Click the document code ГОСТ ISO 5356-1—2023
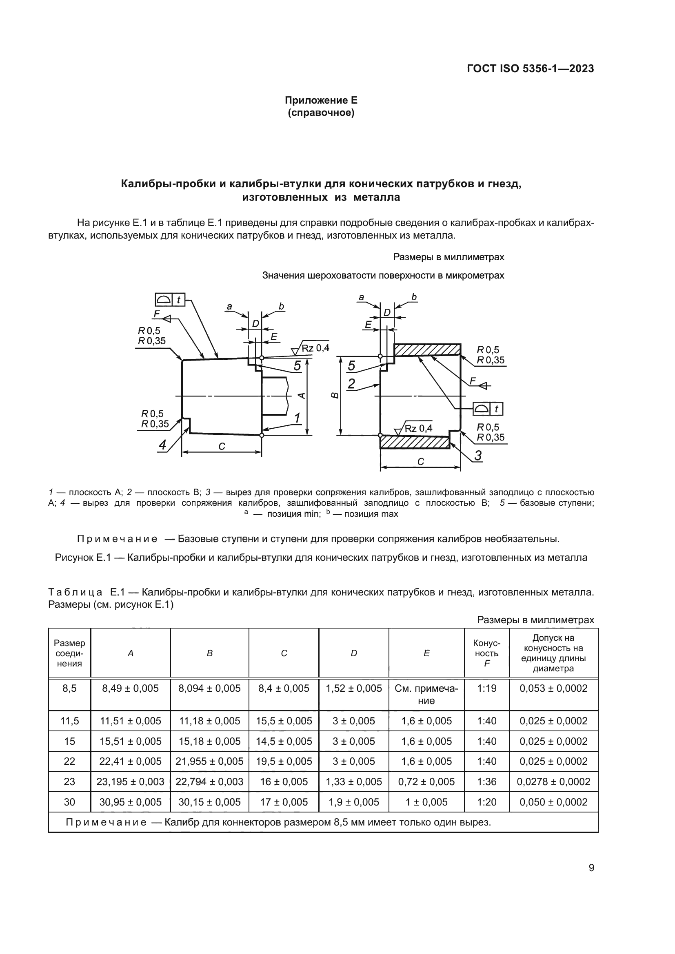(x=530, y=69)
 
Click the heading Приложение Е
(x=321, y=101)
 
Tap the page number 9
(x=591, y=868)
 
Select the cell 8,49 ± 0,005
(x=130, y=688)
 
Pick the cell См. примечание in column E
(x=426, y=694)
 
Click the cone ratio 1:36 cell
(x=486, y=782)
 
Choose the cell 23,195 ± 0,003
(x=130, y=782)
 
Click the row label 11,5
(x=69, y=721)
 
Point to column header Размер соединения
(x=69, y=653)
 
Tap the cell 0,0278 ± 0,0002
(x=553, y=782)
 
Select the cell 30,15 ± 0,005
(x=209, y=802)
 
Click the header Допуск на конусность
(x=553, y=653)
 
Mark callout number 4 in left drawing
(x=162, y=445)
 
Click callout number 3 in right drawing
(x=478, y=456)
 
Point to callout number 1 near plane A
(x=297, y=418)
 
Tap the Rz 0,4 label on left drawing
(x=315, y=348)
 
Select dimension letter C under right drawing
(x=420, y=462)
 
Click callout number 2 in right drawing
(x=351, y=384)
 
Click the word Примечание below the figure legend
(x=117, y=539)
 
